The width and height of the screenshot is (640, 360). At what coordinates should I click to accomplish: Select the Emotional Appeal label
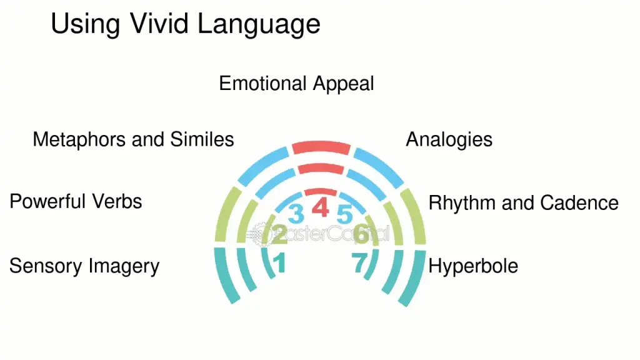pos(296,83)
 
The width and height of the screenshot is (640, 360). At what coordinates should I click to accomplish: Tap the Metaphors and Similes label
pos(133,139)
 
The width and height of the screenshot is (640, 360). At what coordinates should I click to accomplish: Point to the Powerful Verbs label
pos(76,201)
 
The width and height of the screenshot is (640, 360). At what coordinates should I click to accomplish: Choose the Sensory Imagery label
pos(84,266)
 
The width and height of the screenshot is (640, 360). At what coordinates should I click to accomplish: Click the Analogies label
pos(449,139)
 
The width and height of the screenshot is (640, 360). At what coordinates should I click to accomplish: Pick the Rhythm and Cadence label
pos(523,202)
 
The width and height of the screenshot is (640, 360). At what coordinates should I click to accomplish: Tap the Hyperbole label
pos(473,266)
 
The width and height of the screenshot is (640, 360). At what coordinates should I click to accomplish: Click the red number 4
pos(320,207)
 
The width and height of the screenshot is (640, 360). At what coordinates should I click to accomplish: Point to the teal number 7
pos(359,263)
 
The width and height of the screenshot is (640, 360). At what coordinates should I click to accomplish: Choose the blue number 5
pos(344,214)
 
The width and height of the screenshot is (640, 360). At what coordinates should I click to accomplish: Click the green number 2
pos(279,235)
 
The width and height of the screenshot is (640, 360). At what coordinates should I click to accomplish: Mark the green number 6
pos(361,235)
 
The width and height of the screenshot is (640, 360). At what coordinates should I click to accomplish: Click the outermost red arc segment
pos(321,148)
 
